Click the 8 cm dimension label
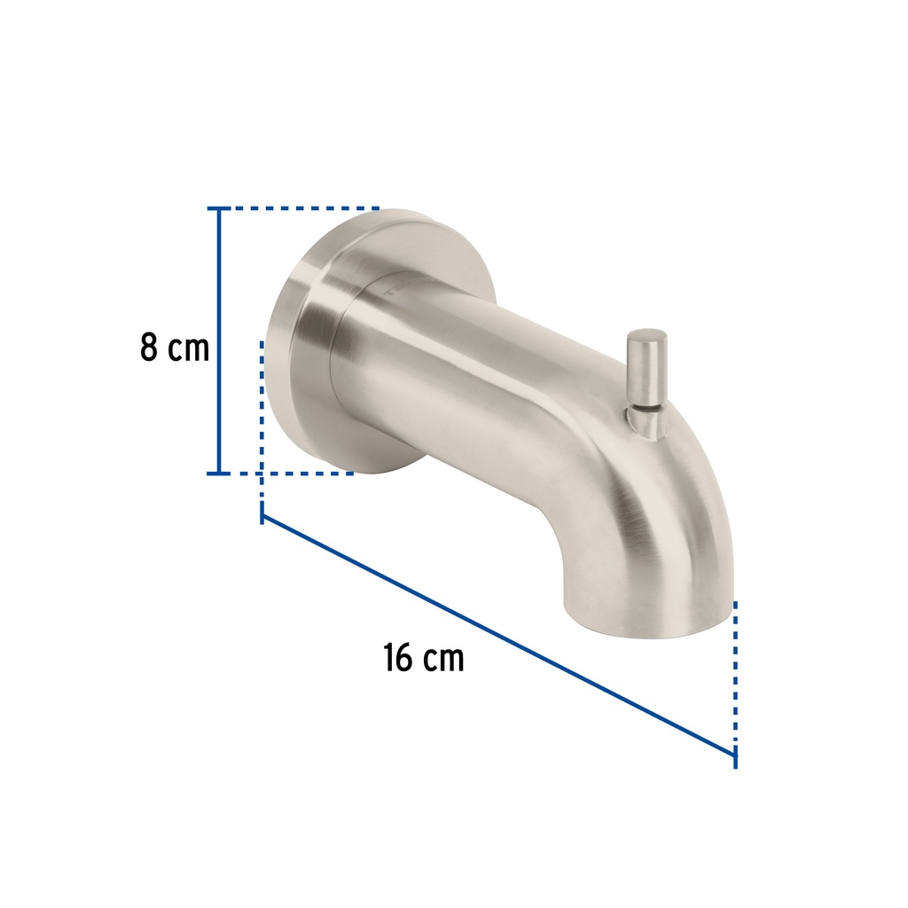click(175, 348)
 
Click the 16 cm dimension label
click(424, 658)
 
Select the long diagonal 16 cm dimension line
click(498, 635)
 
